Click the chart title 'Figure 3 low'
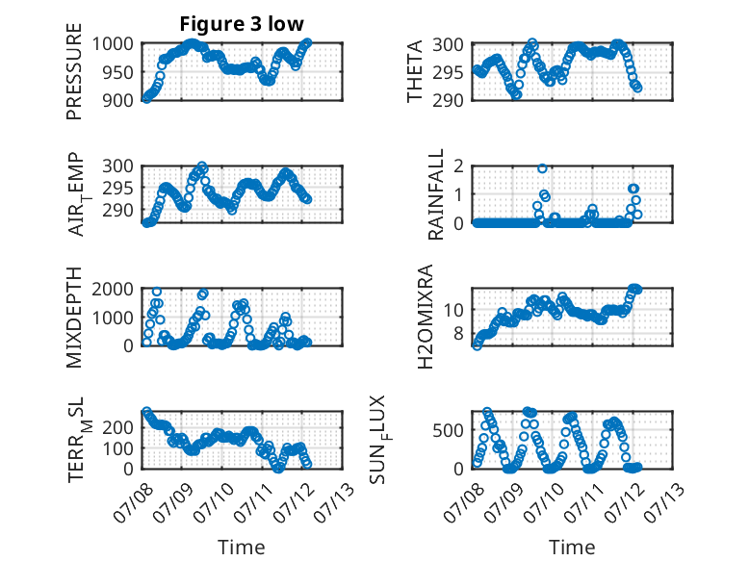[242, 24]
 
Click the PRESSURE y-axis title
[74, 71]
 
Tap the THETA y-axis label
[415, 71]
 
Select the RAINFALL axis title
[436, 193]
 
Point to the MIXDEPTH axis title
[74, 317]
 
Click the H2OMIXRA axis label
[425, 317]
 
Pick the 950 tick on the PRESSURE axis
[119, 72]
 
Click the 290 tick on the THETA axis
[448, 101]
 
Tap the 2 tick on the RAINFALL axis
[459, 166]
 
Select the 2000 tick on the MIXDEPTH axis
[113, 289]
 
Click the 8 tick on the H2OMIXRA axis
[459, 333]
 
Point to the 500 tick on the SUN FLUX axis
[448, 431]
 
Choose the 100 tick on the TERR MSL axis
[118, 448]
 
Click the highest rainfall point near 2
[542, 168]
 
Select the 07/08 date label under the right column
[464, 502]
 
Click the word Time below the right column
[572, 548]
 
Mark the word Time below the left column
[242, 548]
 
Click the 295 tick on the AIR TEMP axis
[118, 188]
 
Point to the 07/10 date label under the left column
[215, 502]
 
